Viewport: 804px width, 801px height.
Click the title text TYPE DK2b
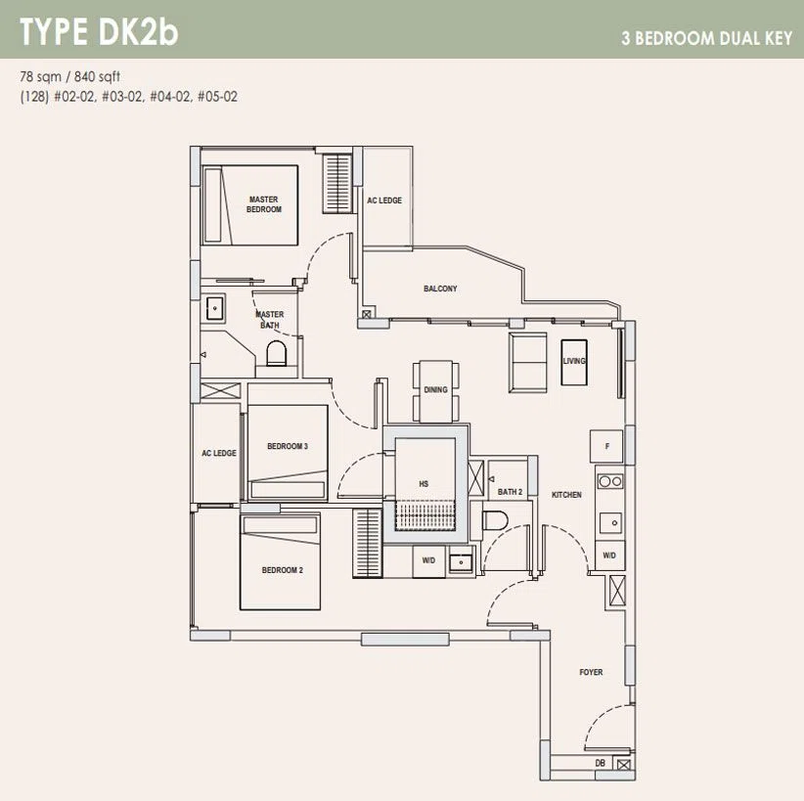99,32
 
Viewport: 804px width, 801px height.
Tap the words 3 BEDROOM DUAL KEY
707,38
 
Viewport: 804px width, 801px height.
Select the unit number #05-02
217,97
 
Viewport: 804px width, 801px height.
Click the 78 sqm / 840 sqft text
70,76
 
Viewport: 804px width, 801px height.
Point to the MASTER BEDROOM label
264,204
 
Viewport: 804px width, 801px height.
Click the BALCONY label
440,289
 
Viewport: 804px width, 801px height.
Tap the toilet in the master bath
277,353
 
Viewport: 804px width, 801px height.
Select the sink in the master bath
214,308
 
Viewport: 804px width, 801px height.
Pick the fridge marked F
606,446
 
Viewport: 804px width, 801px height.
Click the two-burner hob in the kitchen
610,481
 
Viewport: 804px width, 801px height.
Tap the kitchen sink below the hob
610,522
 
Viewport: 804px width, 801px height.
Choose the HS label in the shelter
424,483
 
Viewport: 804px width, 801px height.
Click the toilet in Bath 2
495,521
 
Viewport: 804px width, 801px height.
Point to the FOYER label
591,672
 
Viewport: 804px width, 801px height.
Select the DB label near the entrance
600,763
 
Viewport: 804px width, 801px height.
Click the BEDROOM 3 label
288,446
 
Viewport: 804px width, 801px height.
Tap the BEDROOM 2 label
282,570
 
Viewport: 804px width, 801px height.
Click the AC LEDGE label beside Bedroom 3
219,453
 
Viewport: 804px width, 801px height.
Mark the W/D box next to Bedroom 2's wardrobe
428,561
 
